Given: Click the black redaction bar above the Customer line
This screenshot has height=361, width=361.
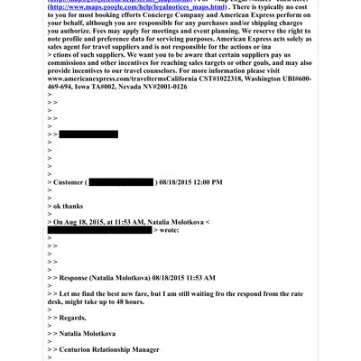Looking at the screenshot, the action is coord(88,134).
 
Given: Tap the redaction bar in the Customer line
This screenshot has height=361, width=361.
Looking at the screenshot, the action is coord(121,182).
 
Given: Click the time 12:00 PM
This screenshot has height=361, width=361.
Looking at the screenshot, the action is coord(203,182).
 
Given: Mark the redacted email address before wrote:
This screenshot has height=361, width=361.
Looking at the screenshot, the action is coord(99,230).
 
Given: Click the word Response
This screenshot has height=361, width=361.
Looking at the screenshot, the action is coord(81,278).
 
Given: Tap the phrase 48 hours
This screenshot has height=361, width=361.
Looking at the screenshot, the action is coord(125,301).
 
